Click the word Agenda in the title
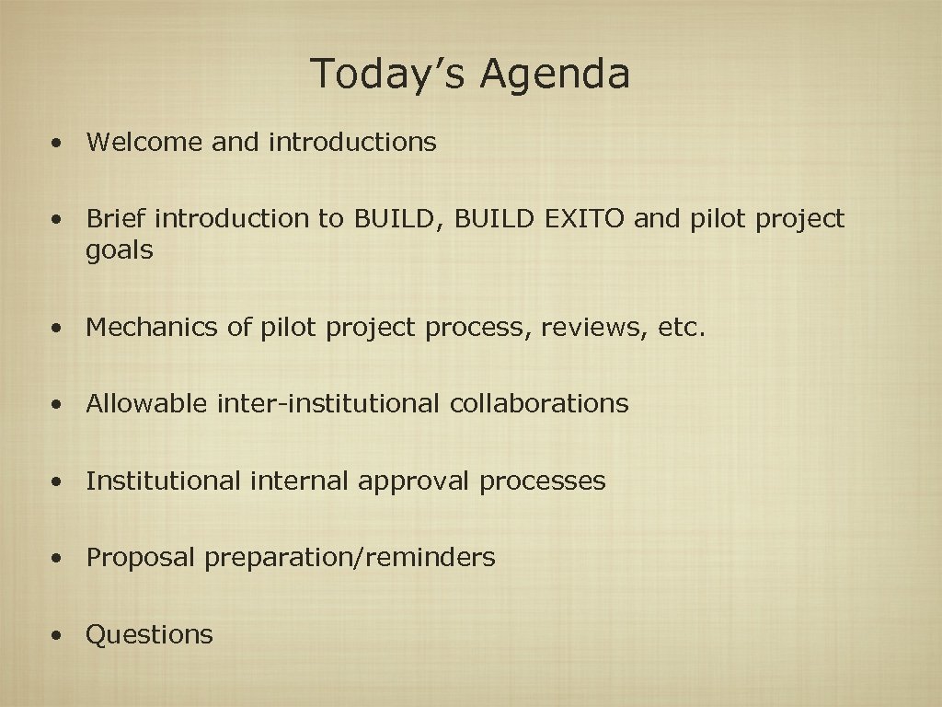[556, 74]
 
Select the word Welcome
[144, 142]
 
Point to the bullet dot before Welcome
[58, 144]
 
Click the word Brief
[117, 219]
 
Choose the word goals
[119, 250]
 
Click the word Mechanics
[151, 327]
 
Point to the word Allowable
[147, 403]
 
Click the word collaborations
[539, 403]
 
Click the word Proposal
[141, 558]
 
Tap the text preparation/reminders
[350, 558]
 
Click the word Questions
[149, 635]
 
